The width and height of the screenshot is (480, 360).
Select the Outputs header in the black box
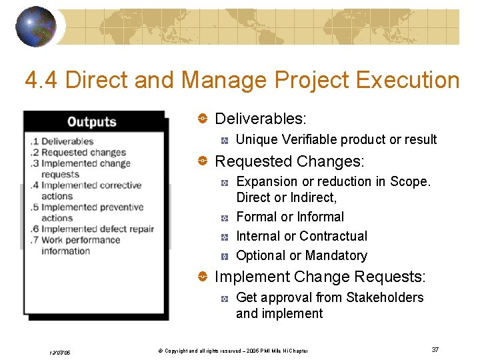(92, 121)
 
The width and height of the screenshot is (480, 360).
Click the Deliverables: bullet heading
(261, 119)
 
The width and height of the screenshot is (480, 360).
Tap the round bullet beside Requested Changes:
(201, 161)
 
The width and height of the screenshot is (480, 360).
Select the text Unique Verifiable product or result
(336, 139)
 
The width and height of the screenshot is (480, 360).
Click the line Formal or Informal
(290, 217)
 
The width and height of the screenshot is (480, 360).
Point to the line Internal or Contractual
(301, 236)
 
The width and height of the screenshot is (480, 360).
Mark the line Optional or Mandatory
(301, 255)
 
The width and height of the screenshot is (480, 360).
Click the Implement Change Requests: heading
(320, 277)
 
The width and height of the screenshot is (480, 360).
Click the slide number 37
(435, 350)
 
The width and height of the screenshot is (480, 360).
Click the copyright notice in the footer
(227, 351)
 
